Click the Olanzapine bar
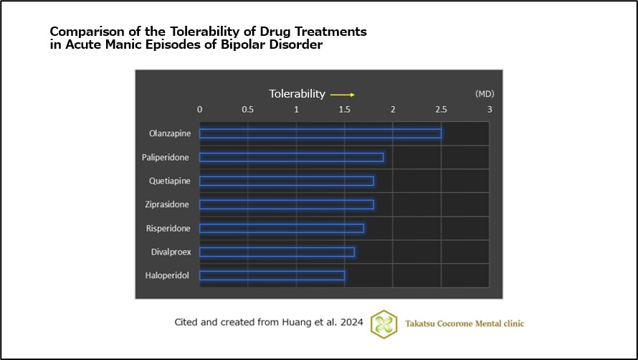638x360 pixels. coord(320,133)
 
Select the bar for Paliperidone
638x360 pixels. coord(291,157)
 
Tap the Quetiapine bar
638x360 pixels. coord(286,181)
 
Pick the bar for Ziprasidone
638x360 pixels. coord(286,204)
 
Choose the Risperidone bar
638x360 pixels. coord(282,228)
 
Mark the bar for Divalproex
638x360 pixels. coord(277,252)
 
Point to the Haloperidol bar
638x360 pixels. coord(272,275)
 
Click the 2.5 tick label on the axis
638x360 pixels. coord(441,110)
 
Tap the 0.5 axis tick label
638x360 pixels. coord(248,110)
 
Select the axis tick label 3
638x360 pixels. coord(490,110)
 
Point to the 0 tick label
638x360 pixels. coord(199,110)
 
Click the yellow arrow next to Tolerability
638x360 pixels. coord(343,94)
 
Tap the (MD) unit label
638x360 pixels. coord(485,94)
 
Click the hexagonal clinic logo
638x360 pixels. coord(384,323)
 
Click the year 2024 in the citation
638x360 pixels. coord(352,323)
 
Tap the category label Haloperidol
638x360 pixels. coord(168,275)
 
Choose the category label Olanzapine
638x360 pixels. coord(169,133)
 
